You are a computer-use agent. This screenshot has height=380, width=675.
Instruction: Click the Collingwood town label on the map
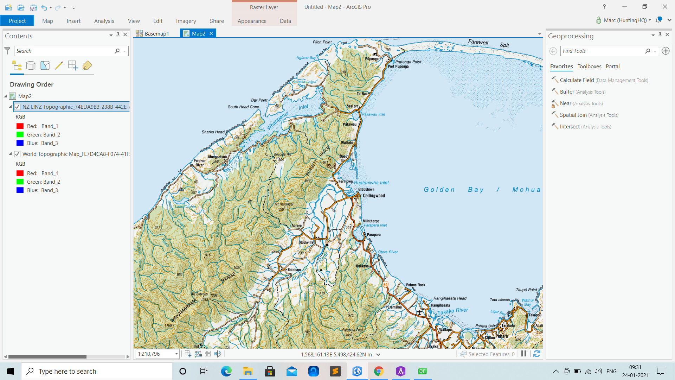click(374, 196)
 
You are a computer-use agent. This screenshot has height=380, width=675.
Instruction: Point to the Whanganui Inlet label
click(287, 114)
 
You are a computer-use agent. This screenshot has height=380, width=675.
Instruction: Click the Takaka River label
click(453, 311)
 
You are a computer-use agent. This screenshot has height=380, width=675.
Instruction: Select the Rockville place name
click(306, 242)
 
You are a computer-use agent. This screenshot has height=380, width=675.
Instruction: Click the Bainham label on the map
click(294, 270)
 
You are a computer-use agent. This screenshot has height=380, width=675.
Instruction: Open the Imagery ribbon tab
click(186, 21)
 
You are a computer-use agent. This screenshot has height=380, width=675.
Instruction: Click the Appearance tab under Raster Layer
click(252, 21)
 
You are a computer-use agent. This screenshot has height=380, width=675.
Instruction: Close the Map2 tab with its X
click(211, 33)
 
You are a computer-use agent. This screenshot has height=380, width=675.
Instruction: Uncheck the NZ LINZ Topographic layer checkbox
click(17, 107)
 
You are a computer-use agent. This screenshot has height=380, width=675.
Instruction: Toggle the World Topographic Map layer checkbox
click(17, 154)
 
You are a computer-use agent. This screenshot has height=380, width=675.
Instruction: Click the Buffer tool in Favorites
click(567, 92)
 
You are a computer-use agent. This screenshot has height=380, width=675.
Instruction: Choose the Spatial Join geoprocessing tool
click(573, 115)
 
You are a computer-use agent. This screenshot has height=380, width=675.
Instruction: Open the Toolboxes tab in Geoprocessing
click(589, 66)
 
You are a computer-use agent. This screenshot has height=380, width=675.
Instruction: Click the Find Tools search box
click(603, 51)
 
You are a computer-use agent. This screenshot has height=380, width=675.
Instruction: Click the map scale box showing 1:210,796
click(155, 354)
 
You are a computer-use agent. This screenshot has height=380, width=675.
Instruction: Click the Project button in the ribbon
click(17, 21)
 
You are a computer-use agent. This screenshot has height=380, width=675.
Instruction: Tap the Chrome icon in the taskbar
click(379, 371)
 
